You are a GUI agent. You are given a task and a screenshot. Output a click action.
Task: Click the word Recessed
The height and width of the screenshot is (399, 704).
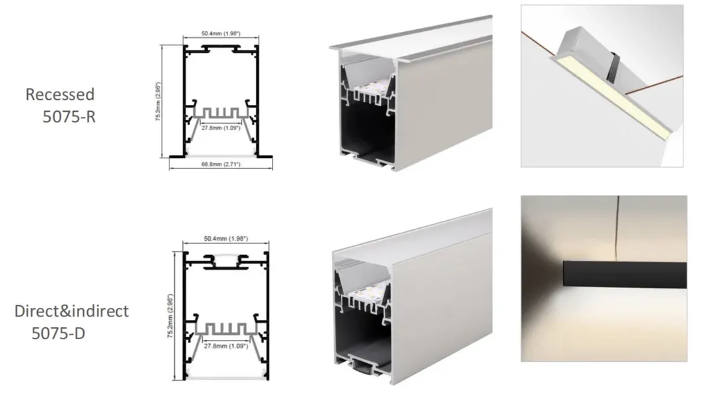[60, 94]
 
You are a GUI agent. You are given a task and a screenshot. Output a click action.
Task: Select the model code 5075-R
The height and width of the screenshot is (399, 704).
[69, 117]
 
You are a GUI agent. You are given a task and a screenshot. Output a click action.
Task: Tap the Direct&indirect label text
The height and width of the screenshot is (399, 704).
[71, 311]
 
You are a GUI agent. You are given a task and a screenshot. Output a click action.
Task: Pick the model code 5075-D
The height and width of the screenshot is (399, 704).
[59, 333]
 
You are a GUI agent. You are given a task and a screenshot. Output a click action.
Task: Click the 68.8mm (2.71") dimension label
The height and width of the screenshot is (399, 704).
[221, 164]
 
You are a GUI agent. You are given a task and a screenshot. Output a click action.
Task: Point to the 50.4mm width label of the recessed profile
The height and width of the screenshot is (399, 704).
[221, 34]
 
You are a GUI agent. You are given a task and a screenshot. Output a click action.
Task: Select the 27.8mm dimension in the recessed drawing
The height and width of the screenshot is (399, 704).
[221, 128]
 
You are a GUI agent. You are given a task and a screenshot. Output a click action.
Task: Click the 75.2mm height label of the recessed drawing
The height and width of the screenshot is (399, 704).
[158, 102]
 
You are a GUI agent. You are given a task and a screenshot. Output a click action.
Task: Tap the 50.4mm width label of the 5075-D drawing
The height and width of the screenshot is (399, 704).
[225, 239]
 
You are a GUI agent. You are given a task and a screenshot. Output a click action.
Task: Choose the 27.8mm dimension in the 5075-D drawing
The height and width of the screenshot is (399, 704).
[225, 346]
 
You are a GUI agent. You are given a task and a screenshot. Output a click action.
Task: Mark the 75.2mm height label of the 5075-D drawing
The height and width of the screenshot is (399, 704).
[170, 316]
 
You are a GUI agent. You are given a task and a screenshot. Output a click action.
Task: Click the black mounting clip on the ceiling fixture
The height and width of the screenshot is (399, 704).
[612, 68]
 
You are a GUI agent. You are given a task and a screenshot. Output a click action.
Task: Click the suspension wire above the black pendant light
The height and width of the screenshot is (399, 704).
[617, 229]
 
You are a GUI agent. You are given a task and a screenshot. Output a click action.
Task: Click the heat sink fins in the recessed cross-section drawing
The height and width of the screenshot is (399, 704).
[221, 113]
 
